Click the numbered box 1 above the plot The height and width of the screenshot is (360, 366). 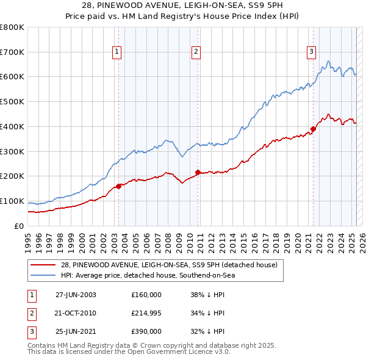pos(116,52)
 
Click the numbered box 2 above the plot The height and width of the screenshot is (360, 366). pos(196,52)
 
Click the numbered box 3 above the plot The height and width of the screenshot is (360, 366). pos(311,52)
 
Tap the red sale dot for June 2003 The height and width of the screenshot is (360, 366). pos(118,186)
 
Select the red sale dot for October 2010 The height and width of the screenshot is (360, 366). pos(198,172)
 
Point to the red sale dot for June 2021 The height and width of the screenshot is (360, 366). pos(313,129)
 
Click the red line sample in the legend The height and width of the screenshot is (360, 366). pos(43,265)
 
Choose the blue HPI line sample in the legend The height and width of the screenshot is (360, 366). pos(43,275)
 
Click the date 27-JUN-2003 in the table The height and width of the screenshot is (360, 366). pos(76,295)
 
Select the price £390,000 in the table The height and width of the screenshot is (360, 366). pos(146,332)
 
